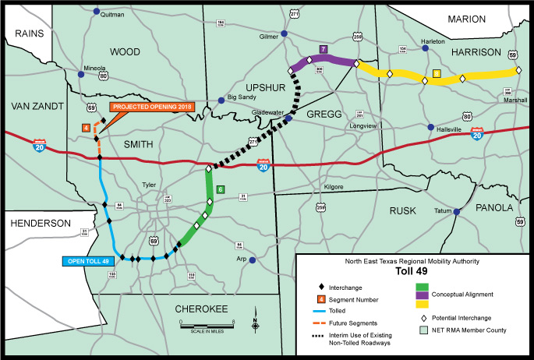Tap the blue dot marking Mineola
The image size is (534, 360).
[83, 75]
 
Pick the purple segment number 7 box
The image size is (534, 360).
[323, 49]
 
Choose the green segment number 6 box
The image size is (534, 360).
[221, 189]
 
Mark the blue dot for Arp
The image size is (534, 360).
[251, 262]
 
